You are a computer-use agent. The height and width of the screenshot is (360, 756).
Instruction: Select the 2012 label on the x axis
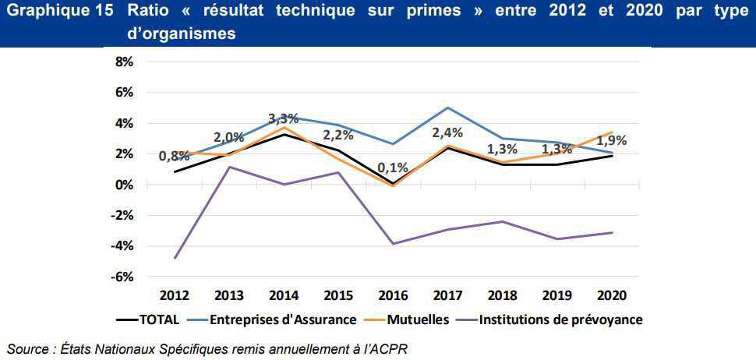click(175, 296)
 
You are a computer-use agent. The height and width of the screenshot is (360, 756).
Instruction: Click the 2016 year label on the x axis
click(394, 296)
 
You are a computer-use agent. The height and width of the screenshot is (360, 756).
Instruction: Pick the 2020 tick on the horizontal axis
click(612, 296)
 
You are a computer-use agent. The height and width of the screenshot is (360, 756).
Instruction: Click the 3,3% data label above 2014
click(284, 119)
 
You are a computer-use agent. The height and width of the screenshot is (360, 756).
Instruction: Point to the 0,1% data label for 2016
click(394, 168)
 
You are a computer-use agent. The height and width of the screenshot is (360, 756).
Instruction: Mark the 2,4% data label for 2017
click(448, 132)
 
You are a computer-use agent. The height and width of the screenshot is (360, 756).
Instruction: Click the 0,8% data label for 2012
click(175, 156)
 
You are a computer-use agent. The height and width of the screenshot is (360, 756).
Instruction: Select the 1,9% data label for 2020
click(612, 141)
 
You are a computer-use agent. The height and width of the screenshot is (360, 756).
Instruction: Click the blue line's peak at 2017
click(448, 108)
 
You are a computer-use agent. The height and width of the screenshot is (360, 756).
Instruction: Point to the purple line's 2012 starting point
click(175, 258)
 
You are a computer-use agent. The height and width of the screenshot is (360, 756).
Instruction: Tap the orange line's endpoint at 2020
click(612, 132)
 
